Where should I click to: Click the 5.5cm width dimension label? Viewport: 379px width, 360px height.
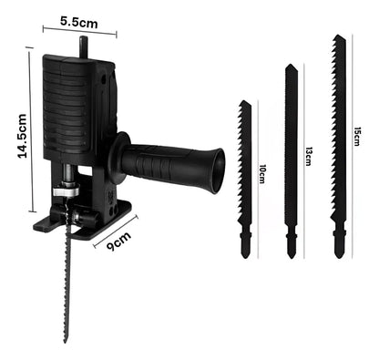[x=79, y=22]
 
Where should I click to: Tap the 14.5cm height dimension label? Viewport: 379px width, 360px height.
[x=23, y=136]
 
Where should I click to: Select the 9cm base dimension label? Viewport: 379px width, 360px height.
[x=119, y=241]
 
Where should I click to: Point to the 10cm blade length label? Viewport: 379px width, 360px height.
[x=262, y=174]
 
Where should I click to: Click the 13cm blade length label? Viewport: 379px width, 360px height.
[x=309, y=156]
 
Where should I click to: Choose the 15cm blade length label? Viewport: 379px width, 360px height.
[x=357, y=137]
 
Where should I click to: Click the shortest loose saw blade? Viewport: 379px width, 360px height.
[x=245, y=180]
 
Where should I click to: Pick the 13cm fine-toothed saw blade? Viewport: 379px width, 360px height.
[x=292, y=161]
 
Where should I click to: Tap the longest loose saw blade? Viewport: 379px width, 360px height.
[x=339, y=147]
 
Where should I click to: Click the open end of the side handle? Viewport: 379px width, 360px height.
[x=219, y=171]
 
